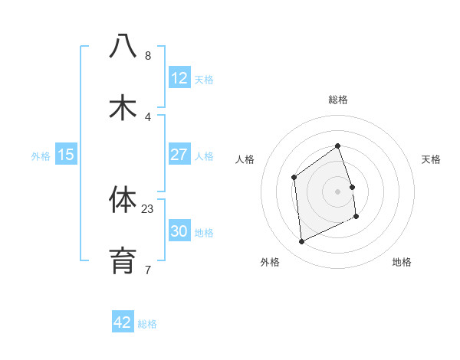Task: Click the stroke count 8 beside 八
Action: point(148,56)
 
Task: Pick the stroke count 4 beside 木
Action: point(148,117)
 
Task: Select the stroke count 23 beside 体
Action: point(148,208)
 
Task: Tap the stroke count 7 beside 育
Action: point(148,270)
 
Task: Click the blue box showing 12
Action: point(179,78)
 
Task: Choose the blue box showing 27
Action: point(179,155)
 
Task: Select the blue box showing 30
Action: point(179,231)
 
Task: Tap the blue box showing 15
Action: point(66,155)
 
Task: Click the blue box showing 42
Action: point(123,322)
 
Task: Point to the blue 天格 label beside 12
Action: point(204,79)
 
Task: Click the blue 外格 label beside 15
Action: point(41,155)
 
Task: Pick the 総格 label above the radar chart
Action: point(338,100)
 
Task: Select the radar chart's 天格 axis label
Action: point(431,159)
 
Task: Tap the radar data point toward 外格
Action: point(301,242)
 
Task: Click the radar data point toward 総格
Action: point(337,146)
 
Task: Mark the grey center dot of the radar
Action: point(337,191)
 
